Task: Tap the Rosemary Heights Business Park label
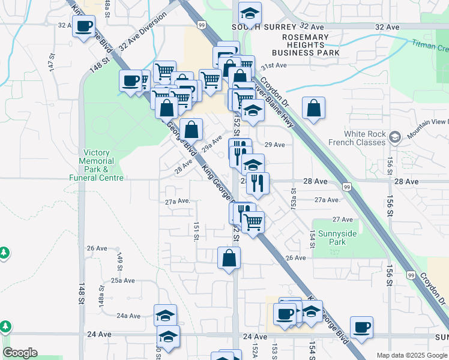[310, 45]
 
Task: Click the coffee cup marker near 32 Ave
[83, 26]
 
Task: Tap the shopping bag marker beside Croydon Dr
[313, 109]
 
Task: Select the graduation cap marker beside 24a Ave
[165, 316]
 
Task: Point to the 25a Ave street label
[122, 280]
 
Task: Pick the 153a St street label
[294, 199]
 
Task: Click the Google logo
[20, 353]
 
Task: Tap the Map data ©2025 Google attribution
[411, 355]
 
